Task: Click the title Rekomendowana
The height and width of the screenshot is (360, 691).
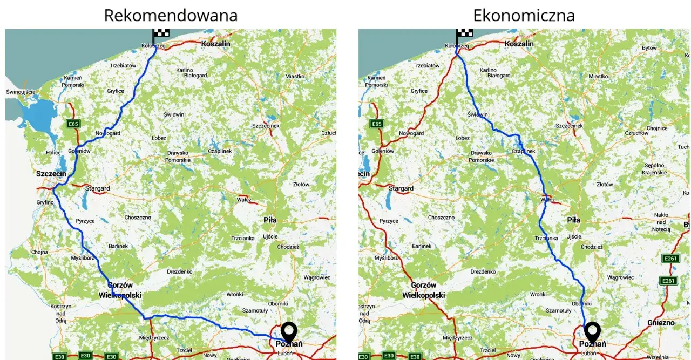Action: pos(171,15)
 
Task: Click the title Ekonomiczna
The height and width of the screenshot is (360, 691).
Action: pos(524,15)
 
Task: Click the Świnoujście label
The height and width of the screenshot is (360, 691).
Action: pos(21,92)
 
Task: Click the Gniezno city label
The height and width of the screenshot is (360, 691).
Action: pos(661,323)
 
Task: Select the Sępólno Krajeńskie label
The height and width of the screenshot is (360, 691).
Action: pos(654,169)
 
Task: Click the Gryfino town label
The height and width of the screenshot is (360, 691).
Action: pos(45,202)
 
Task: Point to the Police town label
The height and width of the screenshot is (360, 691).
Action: pos(53,153)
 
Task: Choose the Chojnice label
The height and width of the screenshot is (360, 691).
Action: pos(657,128)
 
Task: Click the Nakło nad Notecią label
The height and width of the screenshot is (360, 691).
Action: pos(661,222)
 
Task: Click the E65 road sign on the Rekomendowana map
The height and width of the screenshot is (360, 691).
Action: pos(73,124)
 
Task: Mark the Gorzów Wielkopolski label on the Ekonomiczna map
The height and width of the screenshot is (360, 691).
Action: pos(424,290)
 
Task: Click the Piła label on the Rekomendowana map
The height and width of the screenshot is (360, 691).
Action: pos(270,220)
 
